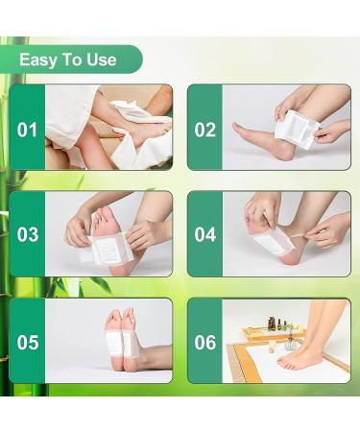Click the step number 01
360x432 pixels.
[28, 128]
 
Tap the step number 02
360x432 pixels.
[205, 128]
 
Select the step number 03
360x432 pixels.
[28, 234]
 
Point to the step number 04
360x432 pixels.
[205, 234]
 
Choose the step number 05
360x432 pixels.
[28, 341]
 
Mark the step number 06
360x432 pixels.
[205, 341]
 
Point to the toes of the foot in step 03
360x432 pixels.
[106, 203]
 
